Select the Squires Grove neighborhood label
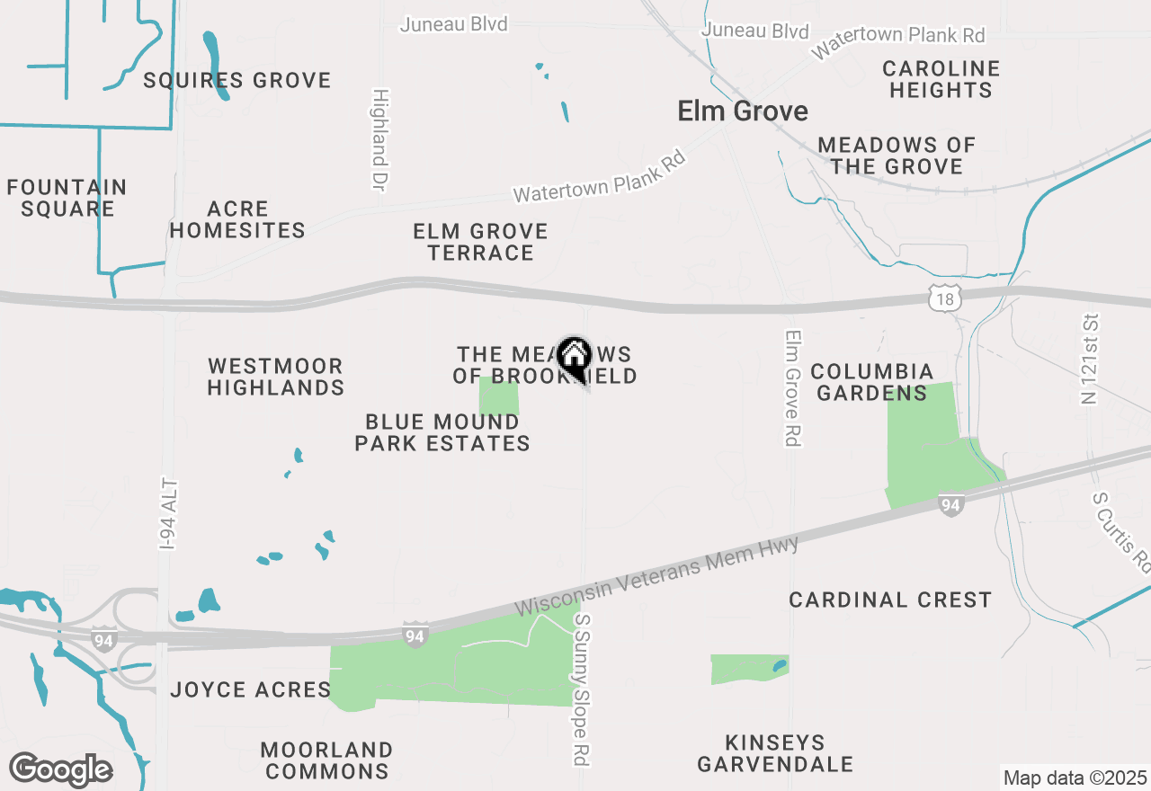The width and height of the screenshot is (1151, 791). coord(237,81)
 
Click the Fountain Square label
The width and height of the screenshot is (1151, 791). coord(67,198)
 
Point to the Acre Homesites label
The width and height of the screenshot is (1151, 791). coord(237,219)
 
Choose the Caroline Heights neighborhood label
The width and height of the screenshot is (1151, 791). coord(941,79)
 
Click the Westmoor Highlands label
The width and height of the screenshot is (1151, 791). coord(276,378)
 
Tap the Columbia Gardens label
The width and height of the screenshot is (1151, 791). coord(872,382)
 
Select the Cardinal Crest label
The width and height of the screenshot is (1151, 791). coord(890,600)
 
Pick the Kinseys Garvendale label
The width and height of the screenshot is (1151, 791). coord(775,753)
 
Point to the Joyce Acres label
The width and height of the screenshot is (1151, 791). coord(251,689)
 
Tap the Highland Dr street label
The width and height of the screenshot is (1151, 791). coord(379,139)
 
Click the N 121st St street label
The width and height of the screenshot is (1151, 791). coord(1091,359)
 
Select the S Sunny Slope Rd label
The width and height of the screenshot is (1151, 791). coord(584,689)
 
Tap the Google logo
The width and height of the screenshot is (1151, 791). coord(60,769)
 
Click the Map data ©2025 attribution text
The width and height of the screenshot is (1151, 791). coord(1075,778)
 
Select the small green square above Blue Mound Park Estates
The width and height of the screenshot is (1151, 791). coord(499,395)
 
